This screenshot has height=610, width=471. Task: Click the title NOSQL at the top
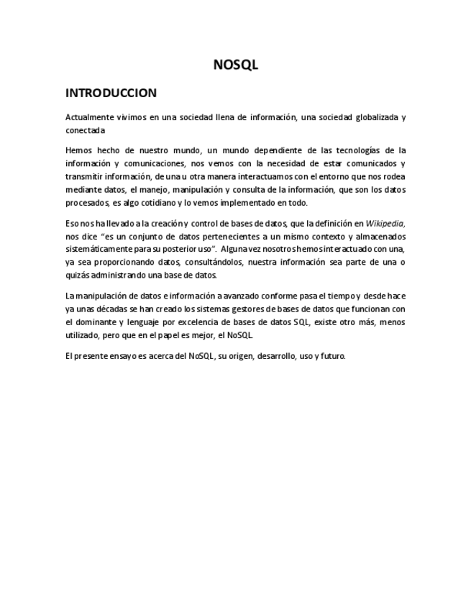point(235,65)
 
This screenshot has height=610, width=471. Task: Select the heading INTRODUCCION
point(111,93)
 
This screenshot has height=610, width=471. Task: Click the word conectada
point(85,130)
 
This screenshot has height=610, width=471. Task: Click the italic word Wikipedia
point(385,224)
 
